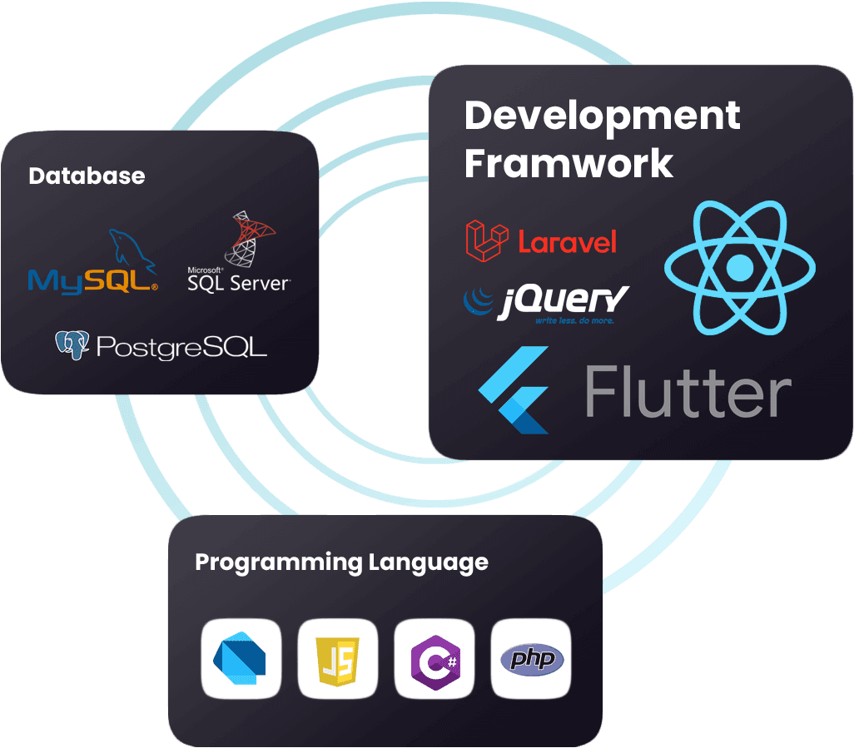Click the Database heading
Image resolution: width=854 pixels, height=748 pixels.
(x=87, y=176)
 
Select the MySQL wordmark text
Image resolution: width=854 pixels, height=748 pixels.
(x=92, y=281)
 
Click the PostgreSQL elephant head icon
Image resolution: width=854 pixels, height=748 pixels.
(x=72, y=345)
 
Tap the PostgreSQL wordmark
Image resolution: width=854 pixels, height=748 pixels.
(x=182, y=347)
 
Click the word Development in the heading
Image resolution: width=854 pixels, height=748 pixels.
(x=602, y=116)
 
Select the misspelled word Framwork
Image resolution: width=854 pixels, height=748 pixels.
(x=569, y=163)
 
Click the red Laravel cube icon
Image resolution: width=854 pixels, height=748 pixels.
(x=487, y=240)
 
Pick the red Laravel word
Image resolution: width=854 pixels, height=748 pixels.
(x=567, y=242)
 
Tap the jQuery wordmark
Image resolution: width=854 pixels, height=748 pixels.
(x=564, y=301)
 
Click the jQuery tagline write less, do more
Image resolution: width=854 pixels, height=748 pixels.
(x=574, y=320)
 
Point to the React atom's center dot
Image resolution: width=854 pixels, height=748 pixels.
(x=740, y=267)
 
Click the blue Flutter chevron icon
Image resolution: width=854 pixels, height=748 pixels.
(x=514, y=389)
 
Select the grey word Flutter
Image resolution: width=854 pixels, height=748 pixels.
(x=688, y=391)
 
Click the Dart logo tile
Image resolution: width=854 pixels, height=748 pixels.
(x=241, y=658)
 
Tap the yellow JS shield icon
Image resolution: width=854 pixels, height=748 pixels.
(x=338, y=661)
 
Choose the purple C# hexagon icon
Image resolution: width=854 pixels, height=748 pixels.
(x=435, y=662)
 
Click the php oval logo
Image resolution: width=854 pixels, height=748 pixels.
(x=532, y=659)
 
